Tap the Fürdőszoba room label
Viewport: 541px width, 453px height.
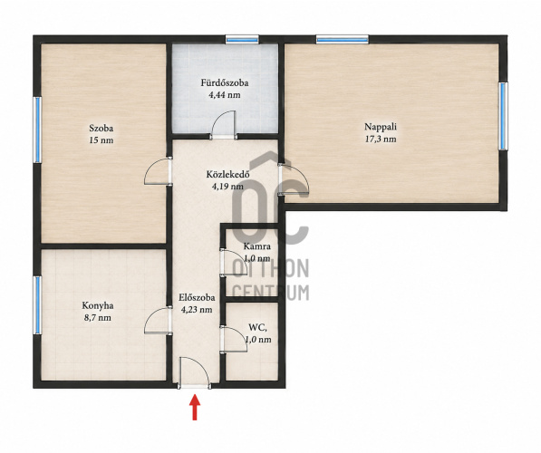coord(225,82)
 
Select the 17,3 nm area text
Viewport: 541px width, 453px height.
coord(381,139)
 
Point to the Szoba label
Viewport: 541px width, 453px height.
coord(101,129)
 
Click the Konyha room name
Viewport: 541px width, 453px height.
coord(98,305)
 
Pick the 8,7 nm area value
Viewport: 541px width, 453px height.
coord(98,318)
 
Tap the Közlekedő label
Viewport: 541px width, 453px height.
coord(227,174)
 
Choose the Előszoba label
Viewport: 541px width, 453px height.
coord(197,297)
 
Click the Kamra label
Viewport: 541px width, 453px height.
coord(256,246)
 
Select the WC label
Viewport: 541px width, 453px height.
coord(257,327)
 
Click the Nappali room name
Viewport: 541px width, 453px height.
coord(381,127)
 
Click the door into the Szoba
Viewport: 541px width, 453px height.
coord(158,171)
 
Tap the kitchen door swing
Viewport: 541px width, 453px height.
coord(158,321)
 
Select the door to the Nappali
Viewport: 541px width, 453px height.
coord(294,179)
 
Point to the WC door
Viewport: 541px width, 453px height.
coord(235,339)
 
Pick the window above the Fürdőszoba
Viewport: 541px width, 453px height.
coord(242,39)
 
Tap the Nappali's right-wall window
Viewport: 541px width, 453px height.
coord(503,116)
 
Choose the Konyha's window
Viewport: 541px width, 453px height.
coord(37,305)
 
